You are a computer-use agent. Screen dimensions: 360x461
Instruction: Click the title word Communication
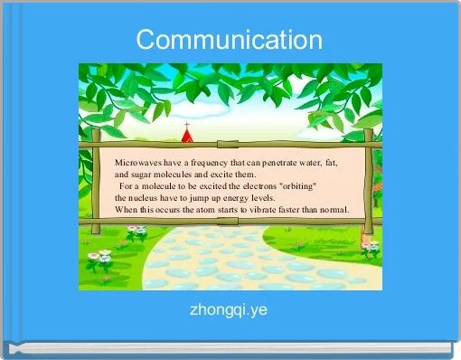click(x=230, y=40)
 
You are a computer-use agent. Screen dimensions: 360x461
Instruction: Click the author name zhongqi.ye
click(x=228, y=310)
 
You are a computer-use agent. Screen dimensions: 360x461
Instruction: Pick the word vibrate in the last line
click(x=271, y=208)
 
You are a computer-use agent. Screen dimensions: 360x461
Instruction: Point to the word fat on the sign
click(x=332, y=162)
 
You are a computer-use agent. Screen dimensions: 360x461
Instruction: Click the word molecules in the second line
click(x=182, y=174)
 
